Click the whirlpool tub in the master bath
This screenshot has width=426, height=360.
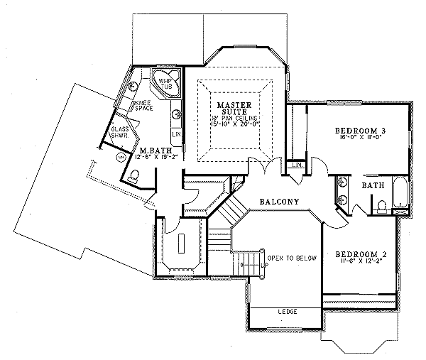click(x=165, y=83)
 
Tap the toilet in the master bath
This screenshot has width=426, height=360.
click(x=133, y=175)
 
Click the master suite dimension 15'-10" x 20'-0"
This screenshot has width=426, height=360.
click(x=233, y=124)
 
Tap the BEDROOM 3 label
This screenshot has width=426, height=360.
click(x=360, y=131)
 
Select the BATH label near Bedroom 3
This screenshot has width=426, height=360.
click(x=373, y=185)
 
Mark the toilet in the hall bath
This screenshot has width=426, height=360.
click(x=381, y=207)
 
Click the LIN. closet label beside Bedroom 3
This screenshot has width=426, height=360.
click(x=296, y=165)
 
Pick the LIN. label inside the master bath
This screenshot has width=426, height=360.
click(x=176, y=133)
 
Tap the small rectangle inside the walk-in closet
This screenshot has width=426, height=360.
click(x=182, y=242)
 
